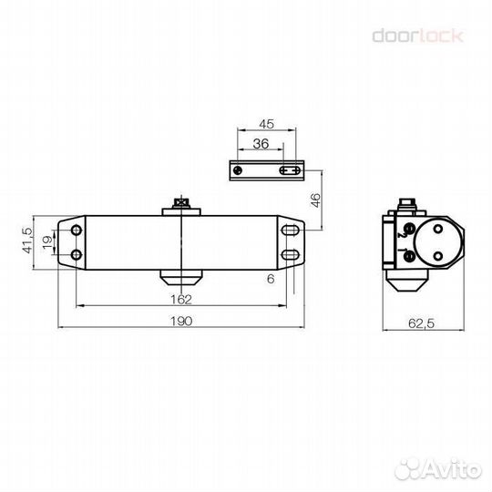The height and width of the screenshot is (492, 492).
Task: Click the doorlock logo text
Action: tap(418, 36)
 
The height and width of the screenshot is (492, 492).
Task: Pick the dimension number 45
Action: tap(268, 124)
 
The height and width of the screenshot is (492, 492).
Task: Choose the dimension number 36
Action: tap(260, 143)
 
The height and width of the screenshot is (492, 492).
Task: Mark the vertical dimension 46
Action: tap(316, 200)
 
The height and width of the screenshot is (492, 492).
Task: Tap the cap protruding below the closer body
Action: tap(182, 274)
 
